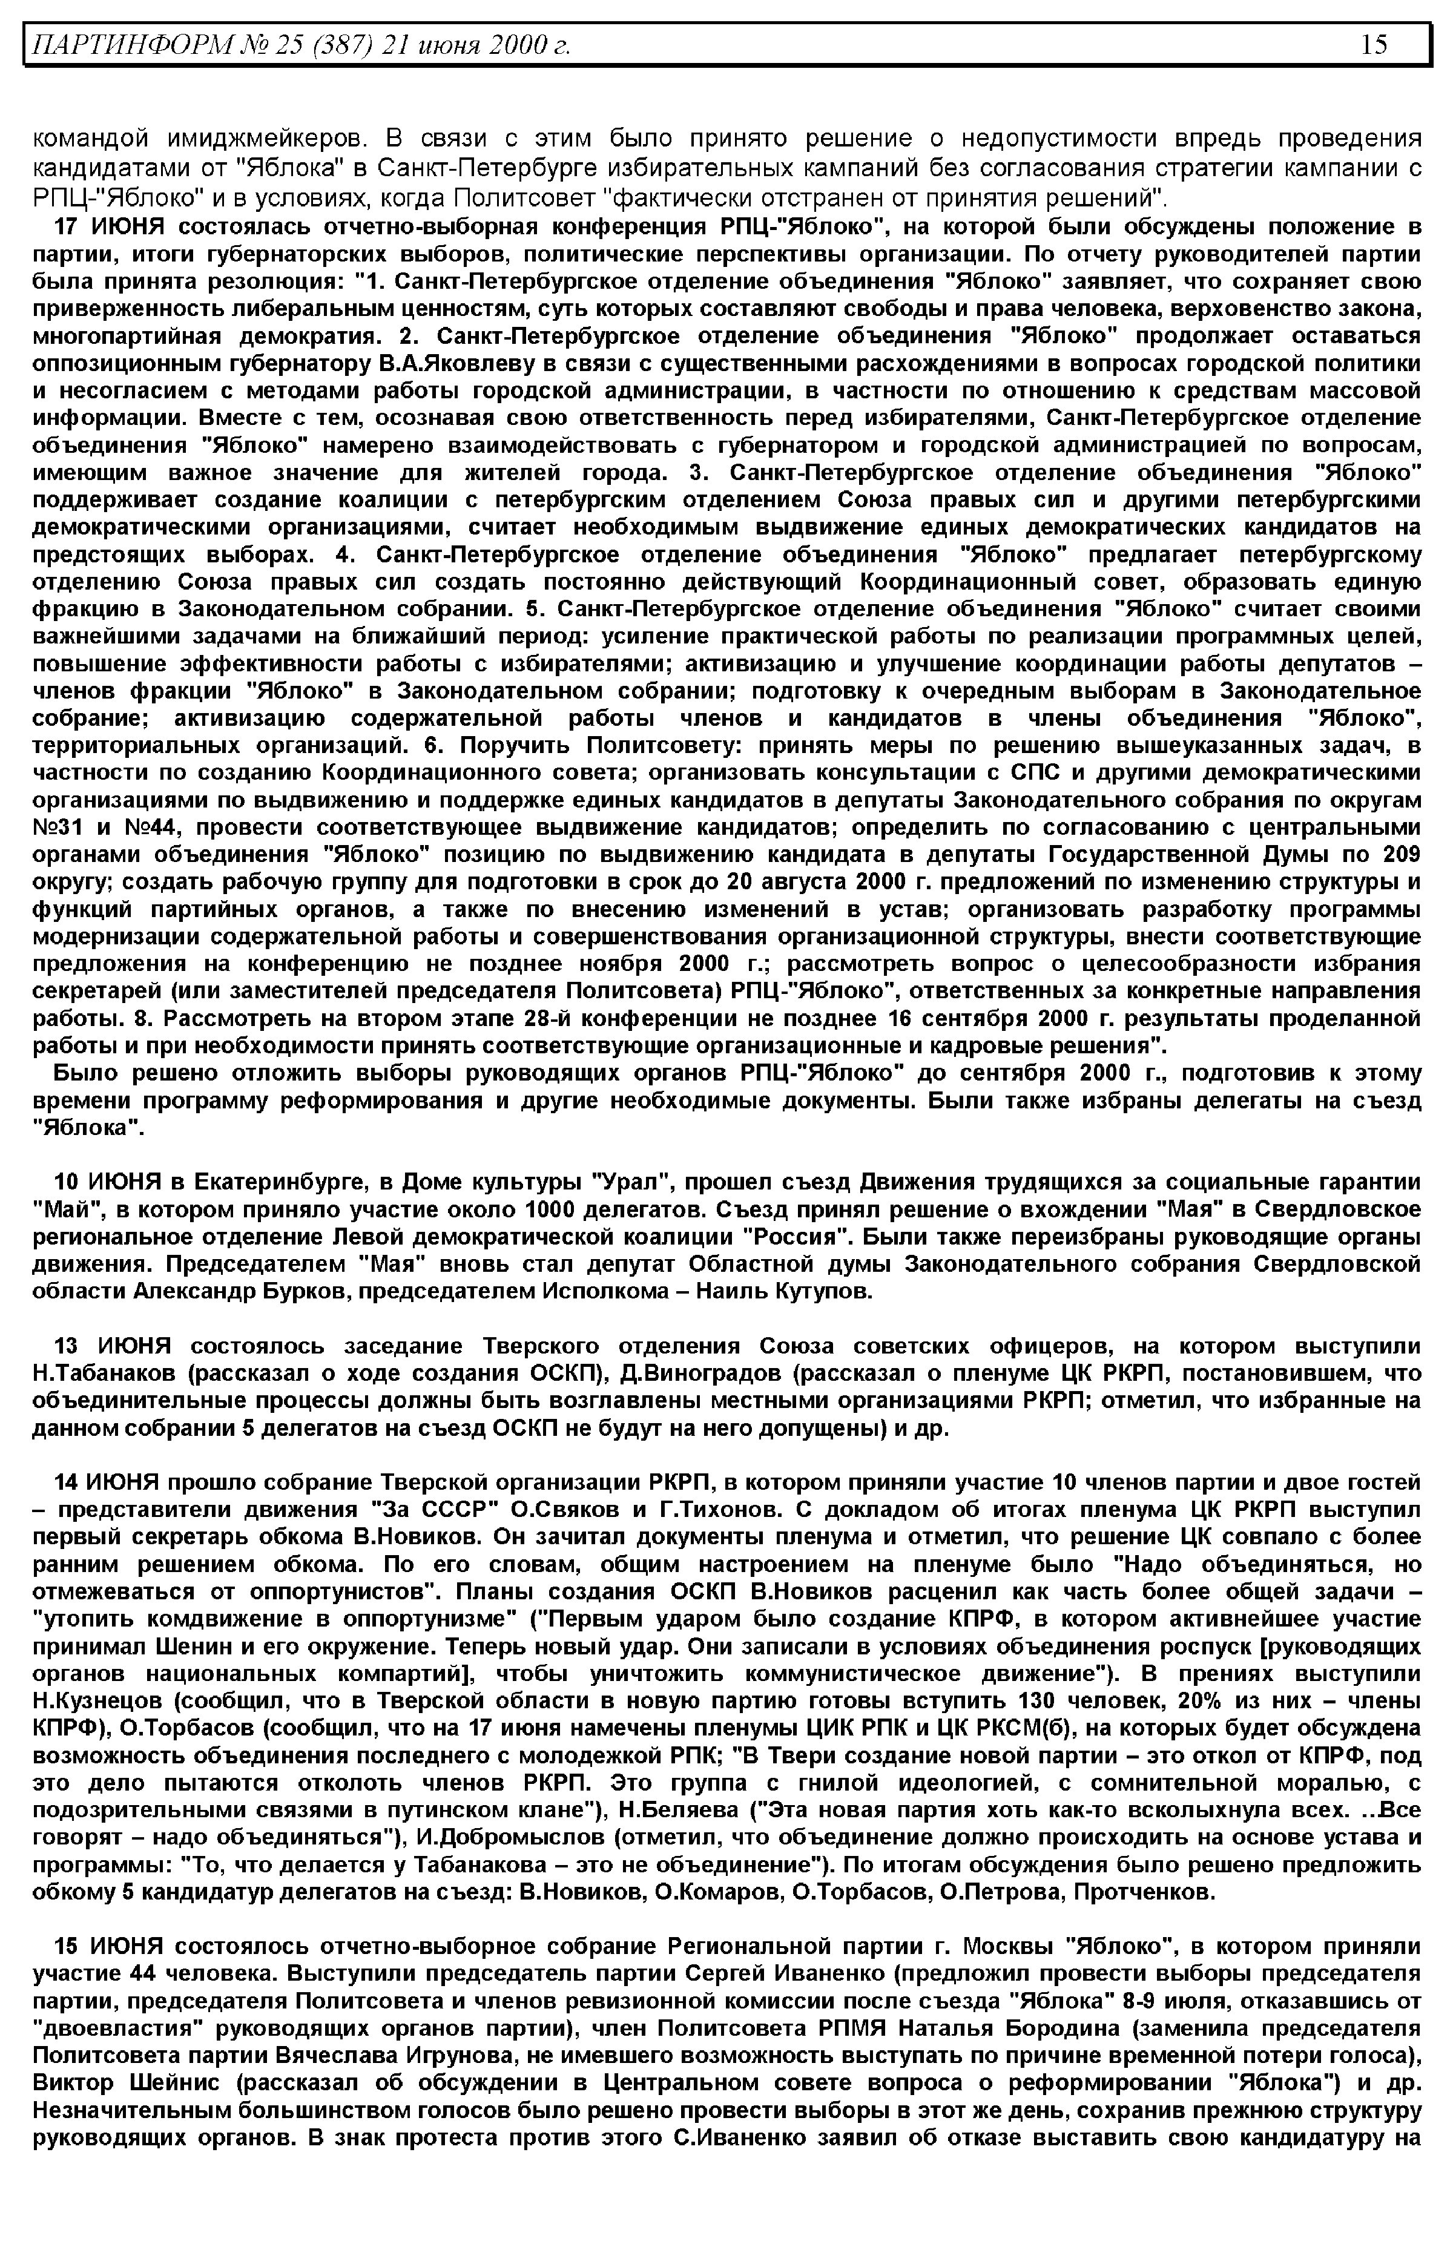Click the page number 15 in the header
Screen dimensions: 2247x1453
[x=1374, y=44]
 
